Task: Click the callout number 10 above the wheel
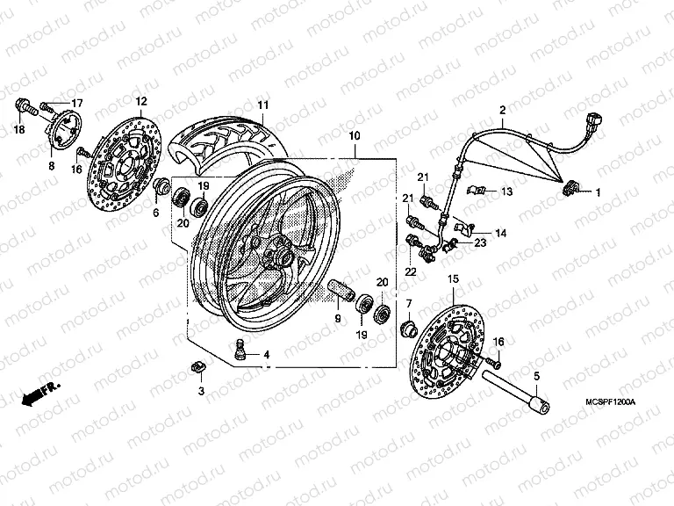coord(354,136)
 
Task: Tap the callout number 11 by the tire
coord(262,106)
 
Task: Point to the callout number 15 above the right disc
coord(453,278)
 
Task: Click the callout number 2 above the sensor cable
coord(502,110)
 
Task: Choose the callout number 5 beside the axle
coord(535,375)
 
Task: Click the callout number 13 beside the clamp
coord(506,191)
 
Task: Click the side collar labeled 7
coord(408,330)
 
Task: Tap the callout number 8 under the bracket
coord(51,164)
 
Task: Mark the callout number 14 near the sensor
coord(500,234)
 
